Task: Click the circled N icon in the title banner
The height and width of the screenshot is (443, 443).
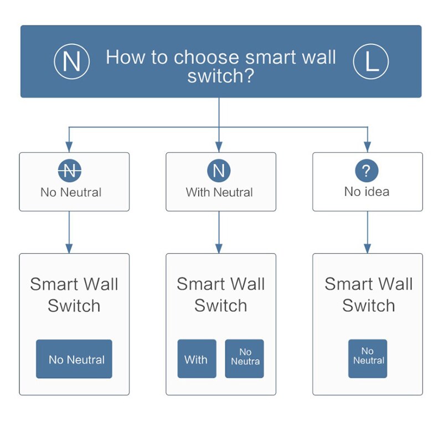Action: pos(71,62)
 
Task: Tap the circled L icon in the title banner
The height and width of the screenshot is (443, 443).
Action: pos(371,62)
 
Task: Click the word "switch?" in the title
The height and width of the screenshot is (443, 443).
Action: pos(220,76)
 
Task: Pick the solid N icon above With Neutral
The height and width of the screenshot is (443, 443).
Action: pos(219,171)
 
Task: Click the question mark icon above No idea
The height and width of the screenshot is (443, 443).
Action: pos(367,171)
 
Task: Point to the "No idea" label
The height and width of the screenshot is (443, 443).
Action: pos(367,192)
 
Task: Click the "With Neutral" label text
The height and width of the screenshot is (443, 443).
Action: pos(219,193)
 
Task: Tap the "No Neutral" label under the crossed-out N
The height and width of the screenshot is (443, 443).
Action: pos(71,193)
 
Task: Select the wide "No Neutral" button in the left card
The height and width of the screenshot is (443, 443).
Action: pos(74,359)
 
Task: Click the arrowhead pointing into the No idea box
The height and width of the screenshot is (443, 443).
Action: pos(367,148)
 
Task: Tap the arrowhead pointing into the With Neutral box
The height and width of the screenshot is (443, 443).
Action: pos(219,148)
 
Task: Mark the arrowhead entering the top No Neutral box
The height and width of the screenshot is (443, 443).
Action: pos(69,148)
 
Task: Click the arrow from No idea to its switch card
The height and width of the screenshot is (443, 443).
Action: pos(367,233)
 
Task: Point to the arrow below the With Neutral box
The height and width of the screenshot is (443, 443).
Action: pos(219,233)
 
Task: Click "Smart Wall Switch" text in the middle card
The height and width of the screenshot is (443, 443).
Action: pos(220,295)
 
